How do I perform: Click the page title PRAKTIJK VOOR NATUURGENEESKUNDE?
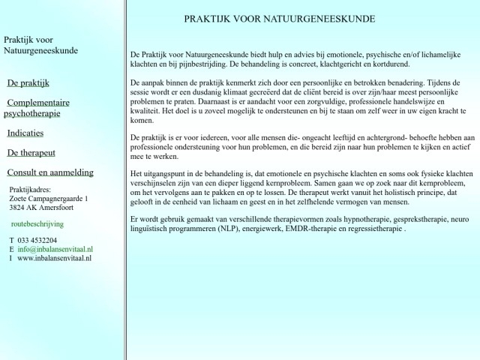[x=280, y=19]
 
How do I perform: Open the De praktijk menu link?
[x=28, y=82]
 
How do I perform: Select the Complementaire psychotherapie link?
[x=37, y=108]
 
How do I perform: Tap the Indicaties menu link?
[x=25, y=133]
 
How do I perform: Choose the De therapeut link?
[x=31, y=152]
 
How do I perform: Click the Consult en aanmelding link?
[x=50, y=172]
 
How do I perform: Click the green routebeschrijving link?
[x=37, y=223]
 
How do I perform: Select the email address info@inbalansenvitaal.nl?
[x=55, y=248]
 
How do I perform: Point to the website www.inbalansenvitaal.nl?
[x=54, y=257]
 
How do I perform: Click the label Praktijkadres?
[x=30, y=190]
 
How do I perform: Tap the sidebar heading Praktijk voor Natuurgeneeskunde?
[x=40, y=45]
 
